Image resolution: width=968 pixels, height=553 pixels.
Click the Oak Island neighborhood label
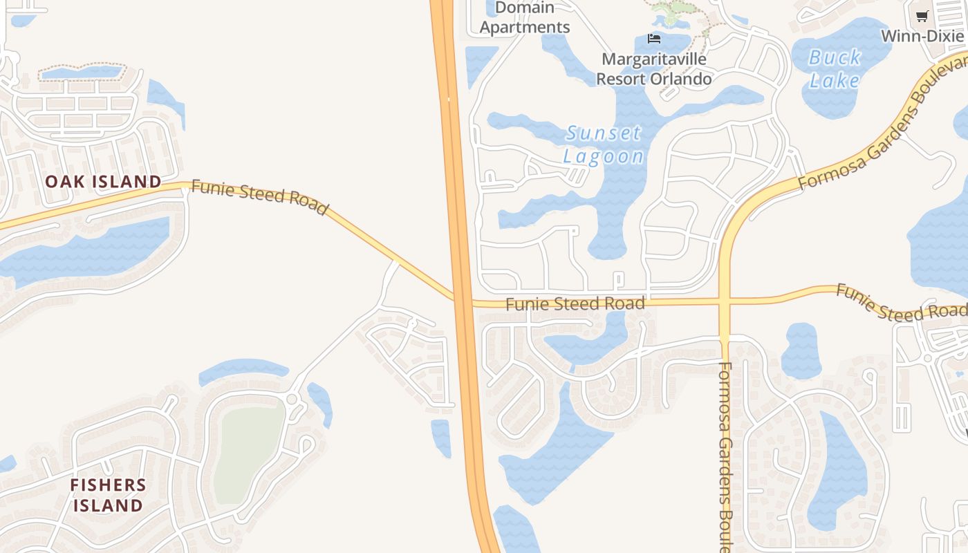[103, 182]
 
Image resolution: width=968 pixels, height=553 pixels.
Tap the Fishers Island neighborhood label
[108, 495]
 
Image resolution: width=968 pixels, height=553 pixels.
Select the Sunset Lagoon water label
[604, 144]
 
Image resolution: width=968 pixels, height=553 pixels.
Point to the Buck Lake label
[835, 69]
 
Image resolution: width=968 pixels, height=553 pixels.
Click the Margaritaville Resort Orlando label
[653, 69]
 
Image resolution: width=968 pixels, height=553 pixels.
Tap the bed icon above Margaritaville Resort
[654, 38]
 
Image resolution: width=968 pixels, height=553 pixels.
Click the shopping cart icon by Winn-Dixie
[922, 17]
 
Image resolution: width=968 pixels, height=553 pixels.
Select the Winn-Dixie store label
[922, 36]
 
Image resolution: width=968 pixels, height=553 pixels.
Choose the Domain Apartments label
[525, 18]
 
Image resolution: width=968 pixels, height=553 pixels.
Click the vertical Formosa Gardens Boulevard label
[725, 456]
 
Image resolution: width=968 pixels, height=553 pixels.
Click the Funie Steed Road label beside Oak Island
[259, 197]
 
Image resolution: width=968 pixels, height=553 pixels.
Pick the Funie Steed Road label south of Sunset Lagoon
[575, 303]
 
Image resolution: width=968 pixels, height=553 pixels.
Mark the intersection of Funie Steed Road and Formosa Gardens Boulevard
[725, 301]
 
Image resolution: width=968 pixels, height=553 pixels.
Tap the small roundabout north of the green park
[292, 399]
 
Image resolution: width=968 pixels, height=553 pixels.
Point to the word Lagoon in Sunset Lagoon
[604, 156]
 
